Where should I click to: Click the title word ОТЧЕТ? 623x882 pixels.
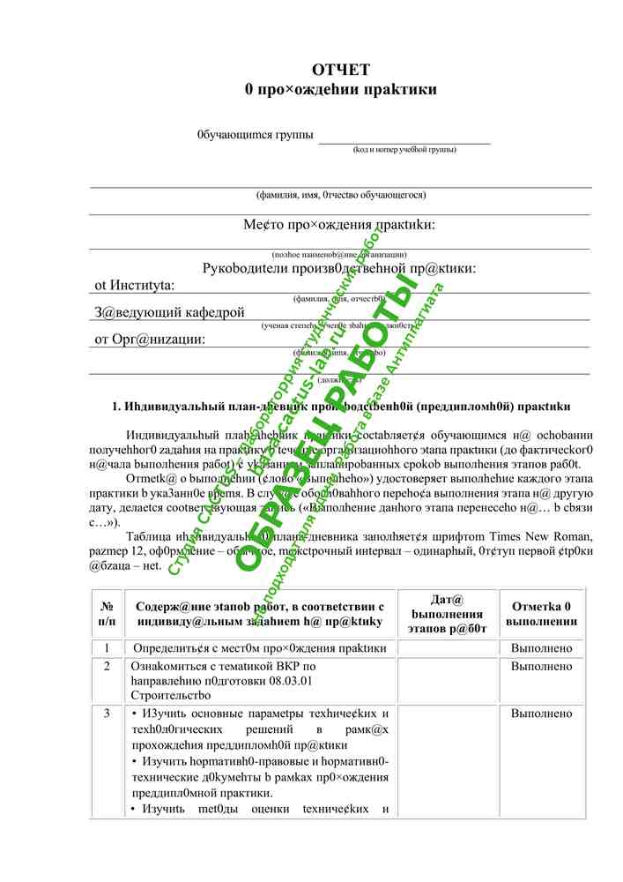tap(340, 71)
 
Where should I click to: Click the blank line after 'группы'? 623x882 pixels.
tap(404, 137)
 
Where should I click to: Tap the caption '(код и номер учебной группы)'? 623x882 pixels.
tap(404, 150)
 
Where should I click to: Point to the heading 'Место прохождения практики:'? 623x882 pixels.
tap(339, 225)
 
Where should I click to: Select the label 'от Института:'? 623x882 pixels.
tap(135, 285)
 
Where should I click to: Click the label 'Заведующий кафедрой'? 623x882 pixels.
tap(169, 311)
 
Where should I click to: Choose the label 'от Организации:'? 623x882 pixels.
tap(150, 339)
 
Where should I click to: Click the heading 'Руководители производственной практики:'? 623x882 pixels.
tap(339, 268)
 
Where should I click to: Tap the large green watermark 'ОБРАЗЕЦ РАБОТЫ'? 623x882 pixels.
tap(326, 423)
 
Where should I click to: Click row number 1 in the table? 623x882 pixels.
tap(107, 648)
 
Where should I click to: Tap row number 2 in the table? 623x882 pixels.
tap(107, 666)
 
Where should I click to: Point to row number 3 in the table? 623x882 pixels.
tap(107, 713)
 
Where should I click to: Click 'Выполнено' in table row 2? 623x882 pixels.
tap(542, 666)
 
